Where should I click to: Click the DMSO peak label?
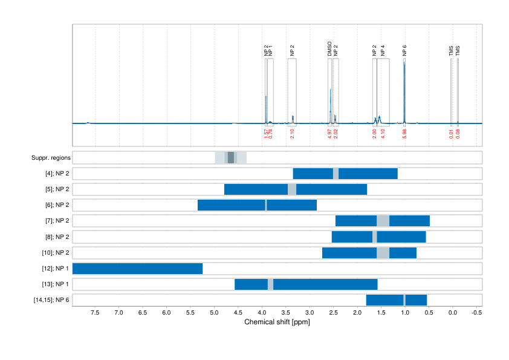coord(329,49)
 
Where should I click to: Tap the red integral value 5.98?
coord(404,133)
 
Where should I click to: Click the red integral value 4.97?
coord(329,133)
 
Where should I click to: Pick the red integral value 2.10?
coord(292,133)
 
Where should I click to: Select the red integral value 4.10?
coord(383,133)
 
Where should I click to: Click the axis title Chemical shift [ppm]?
coord(277,322)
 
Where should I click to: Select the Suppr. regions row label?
coord(51,158)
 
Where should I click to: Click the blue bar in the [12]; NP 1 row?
coord(137,269)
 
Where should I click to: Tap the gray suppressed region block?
coord(230,158)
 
